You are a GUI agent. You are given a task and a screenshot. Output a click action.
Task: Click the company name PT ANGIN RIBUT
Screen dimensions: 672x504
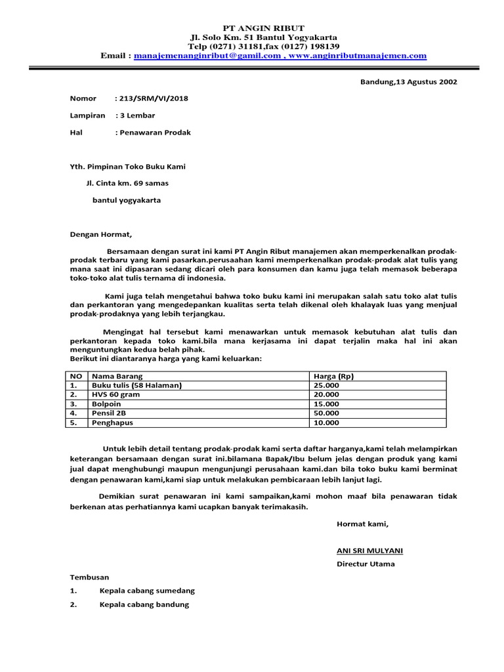264,28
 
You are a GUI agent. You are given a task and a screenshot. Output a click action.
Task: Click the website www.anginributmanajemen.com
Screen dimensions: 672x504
358,56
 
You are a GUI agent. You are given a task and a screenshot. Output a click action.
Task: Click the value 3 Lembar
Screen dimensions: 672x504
136,115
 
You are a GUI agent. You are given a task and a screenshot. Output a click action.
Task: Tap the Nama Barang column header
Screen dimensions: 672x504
118,376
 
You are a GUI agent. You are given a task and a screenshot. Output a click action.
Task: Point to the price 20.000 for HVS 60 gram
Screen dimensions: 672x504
327,394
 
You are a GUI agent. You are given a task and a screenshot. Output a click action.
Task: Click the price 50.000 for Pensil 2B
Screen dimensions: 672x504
327,413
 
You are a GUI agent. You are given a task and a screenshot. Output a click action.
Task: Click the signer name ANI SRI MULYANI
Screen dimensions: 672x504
369,550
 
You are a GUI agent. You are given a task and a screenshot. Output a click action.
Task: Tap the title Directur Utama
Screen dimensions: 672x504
366,564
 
